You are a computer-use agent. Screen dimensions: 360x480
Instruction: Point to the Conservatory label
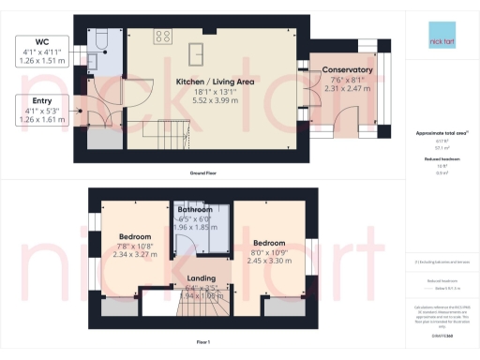point(347,70)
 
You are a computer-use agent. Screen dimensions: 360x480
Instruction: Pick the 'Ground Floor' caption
point(203,173)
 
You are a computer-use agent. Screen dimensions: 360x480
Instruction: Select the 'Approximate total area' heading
point(439,134)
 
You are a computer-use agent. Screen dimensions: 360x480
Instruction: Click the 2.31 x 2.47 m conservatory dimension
point(347,87)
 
